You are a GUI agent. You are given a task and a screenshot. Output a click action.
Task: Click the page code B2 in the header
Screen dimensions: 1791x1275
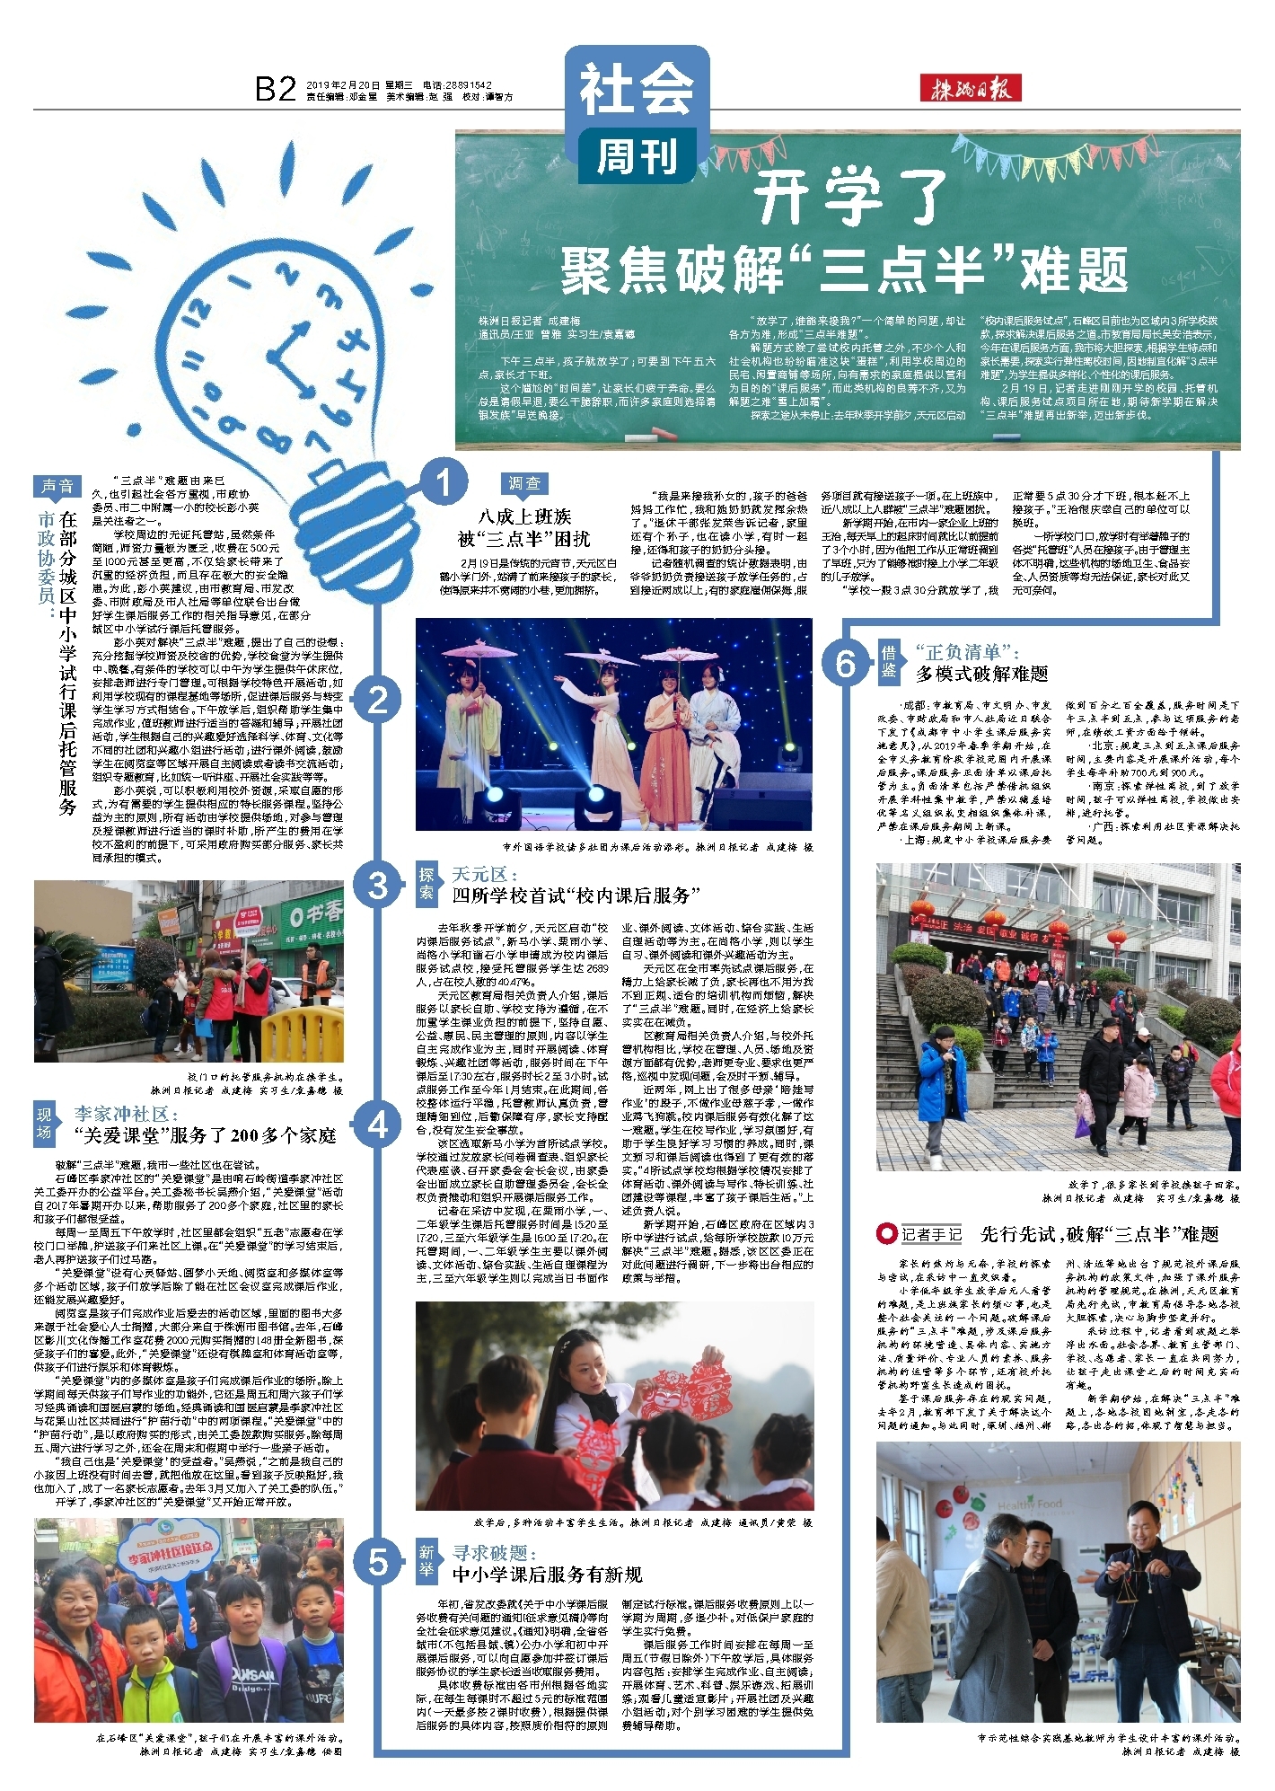(x=276, y=89)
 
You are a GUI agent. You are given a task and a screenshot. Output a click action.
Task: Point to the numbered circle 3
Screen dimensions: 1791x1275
(x=378, y=887)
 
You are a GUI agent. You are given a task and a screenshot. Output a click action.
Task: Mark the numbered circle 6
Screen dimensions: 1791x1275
(x=846, y=663)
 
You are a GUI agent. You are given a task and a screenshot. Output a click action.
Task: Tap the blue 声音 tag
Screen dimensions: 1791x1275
(x=57, y=487)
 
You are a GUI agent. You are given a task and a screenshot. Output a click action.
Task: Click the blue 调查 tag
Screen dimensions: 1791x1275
(x=525, y=483)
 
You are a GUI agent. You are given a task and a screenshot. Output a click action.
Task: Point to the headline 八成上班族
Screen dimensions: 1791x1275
(x=524, y=516)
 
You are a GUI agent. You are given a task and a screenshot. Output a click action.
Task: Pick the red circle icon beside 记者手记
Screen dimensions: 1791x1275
(x=887, y=1233)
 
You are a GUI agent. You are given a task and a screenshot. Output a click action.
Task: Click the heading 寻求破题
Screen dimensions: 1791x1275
(x=494, y=1552)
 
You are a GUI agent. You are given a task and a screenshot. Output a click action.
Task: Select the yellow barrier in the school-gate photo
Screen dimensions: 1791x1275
(x=302, y=1031)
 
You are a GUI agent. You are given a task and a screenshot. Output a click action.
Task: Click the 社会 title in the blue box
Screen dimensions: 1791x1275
(x=636, y=91)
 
